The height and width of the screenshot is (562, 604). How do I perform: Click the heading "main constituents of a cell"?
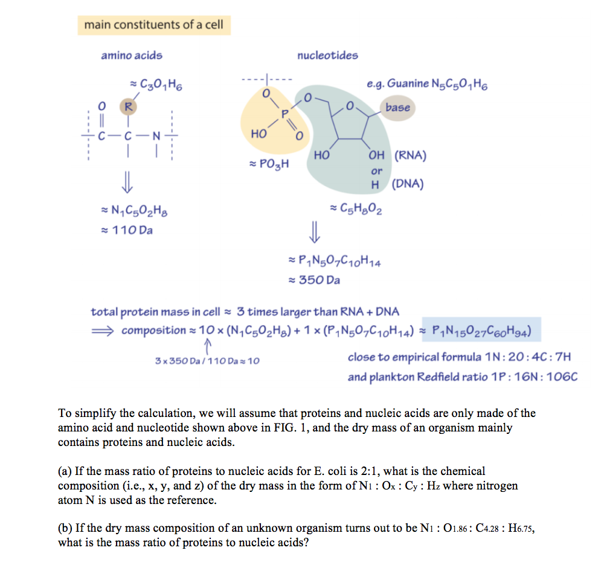pos(153,25)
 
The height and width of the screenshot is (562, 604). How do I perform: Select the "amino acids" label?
pos(132,56)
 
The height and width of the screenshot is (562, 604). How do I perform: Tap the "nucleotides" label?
pos(327,56)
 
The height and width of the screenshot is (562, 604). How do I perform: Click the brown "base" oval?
pos(397,108)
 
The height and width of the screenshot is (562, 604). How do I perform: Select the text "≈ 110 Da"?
pos(129,230)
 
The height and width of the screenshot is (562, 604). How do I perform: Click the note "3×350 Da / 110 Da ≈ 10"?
pos(207,361)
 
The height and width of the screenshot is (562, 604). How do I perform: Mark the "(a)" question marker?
pos(65,471)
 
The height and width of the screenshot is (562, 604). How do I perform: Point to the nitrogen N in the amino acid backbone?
pos(156,135)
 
